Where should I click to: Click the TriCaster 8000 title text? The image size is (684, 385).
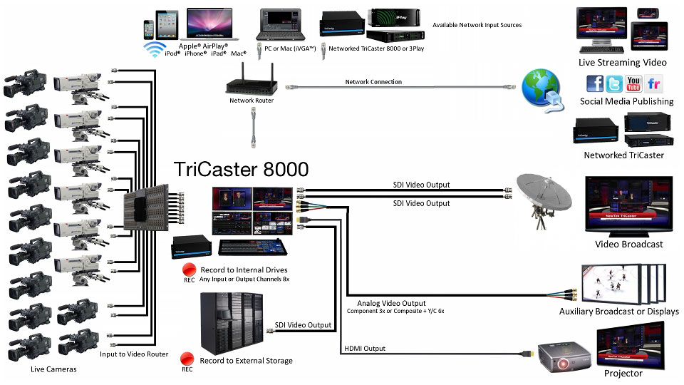coord(242,170)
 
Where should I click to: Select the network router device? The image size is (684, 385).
coord(251,83)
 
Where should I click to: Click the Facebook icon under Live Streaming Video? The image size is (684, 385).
coord(595,84)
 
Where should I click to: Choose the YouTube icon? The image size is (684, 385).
coord(634,84)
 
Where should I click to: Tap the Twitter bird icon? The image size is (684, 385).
coord(614,84)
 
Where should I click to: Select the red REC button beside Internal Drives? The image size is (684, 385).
coord(190,269)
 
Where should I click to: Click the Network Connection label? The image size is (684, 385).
coord(373,82)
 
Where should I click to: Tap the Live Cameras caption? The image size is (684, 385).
coord(53,369)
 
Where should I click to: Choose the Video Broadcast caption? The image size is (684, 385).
coord(629,244)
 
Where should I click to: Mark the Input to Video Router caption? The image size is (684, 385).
coord(134,354)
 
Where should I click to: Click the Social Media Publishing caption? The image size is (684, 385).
coord(626,101)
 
